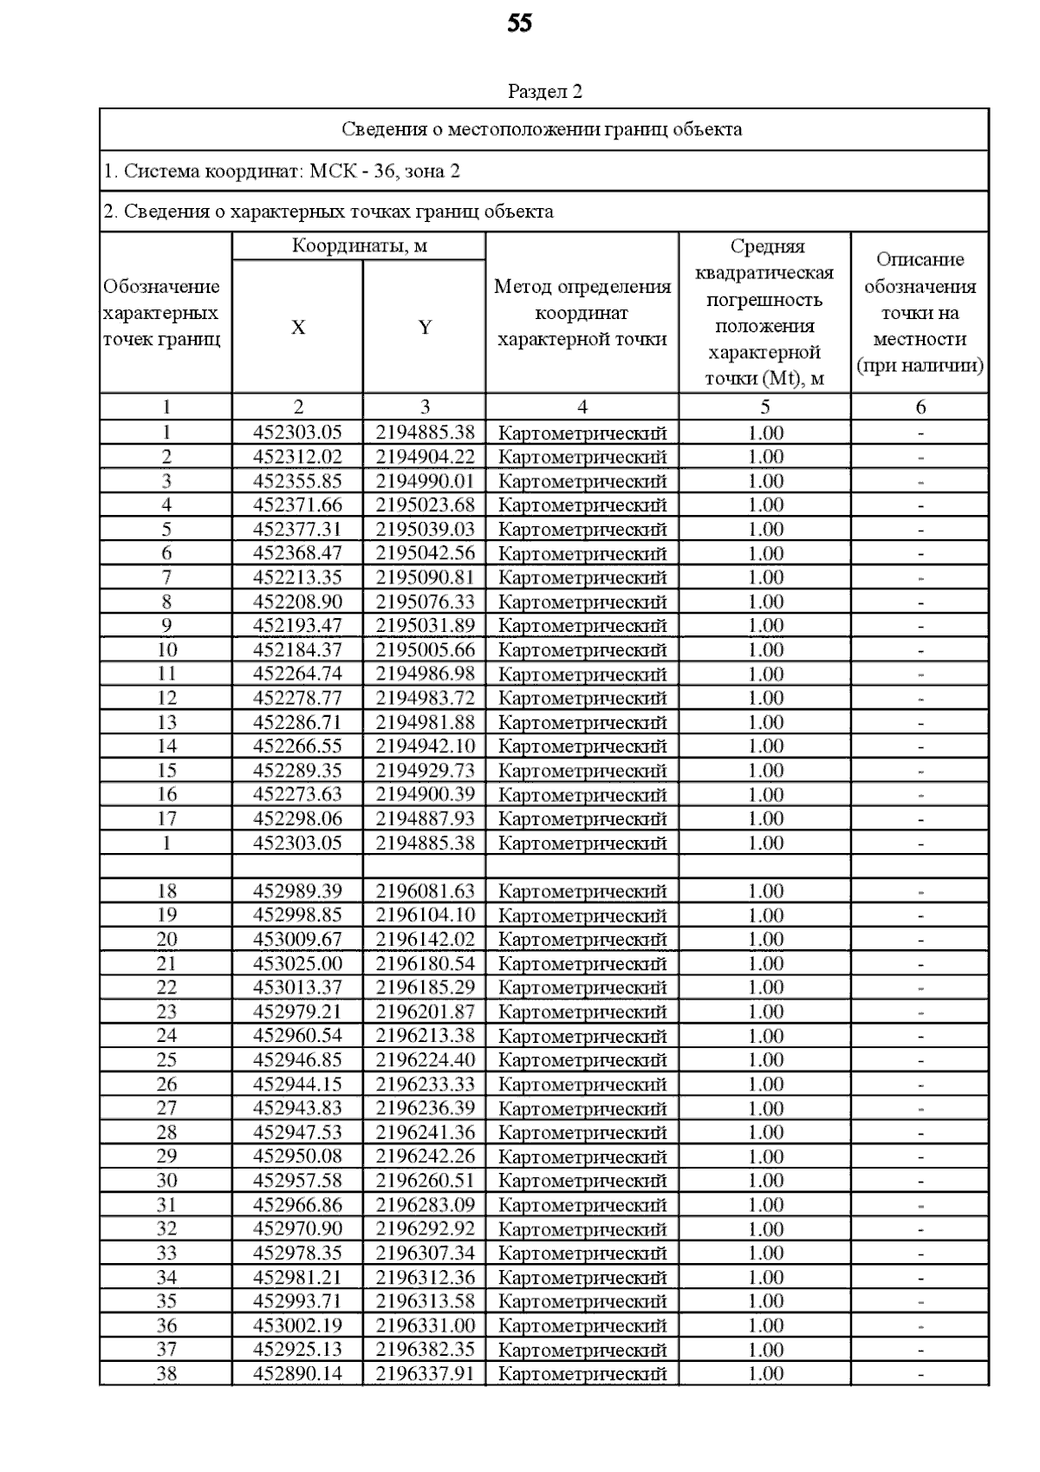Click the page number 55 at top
(x=519, y=24)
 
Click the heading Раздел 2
(x=544, y=92)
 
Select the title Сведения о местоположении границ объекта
(x=542, y=130)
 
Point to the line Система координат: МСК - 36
(x=282, y=172)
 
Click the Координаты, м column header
(x=359, y=246)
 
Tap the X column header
(x=297, y=328)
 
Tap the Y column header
(x=425, y=328)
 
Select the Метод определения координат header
(x=582, y=313)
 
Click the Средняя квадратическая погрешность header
(x=764, y=313)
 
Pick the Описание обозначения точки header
(x=920, y=313)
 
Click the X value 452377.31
(x=297, y=530)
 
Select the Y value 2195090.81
(x=425, y=577)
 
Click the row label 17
(x=166, y=819)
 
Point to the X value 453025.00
(x=297, y=964)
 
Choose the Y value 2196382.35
(x=425, y=1350)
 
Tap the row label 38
(x=166, y=1374)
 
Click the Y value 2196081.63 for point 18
(x=425, y=891)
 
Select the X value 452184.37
(x=297, y=650)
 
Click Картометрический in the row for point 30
(x=582, y=1182)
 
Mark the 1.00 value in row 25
(x=765, y=1060)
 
